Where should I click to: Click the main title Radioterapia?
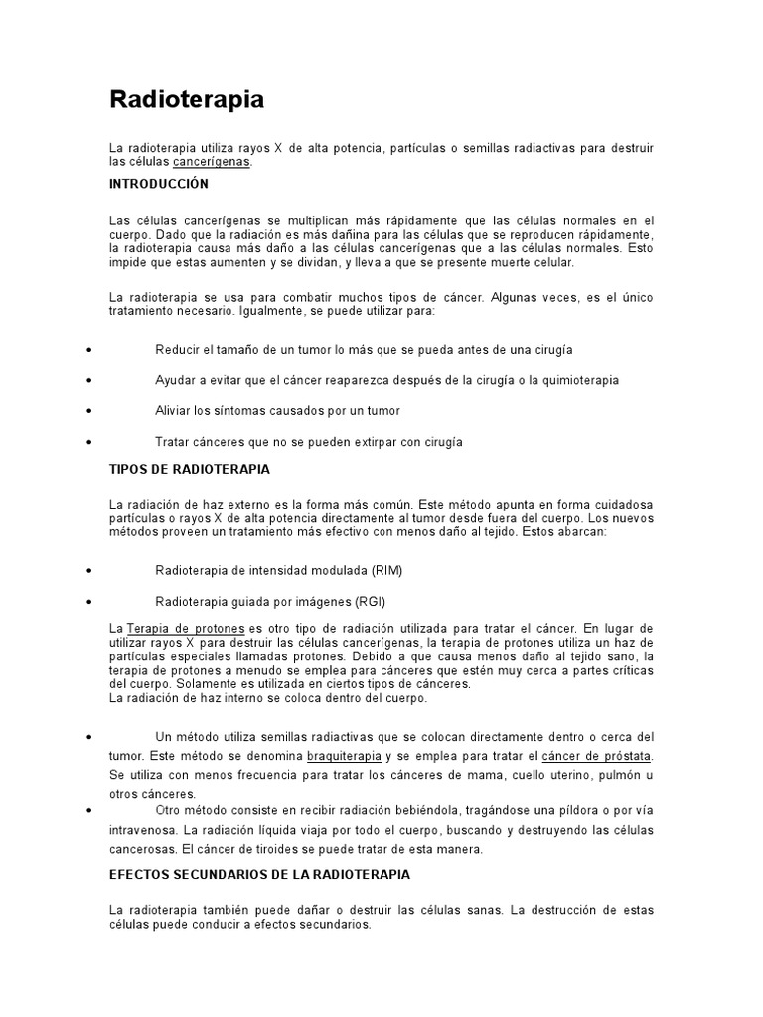click(x=187, y=99)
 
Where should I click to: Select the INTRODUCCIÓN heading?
click(x=159, y=184)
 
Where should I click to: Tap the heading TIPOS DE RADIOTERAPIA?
click(x=189, y=468)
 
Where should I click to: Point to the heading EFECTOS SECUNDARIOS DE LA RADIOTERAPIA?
click(x=259, y=874)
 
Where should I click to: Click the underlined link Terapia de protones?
click(x=186, y=629)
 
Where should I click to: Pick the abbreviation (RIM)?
click(x=387, y=571)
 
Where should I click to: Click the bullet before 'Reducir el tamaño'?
click(x=90, y=351)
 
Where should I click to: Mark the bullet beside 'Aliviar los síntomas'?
click(x=90, y=411)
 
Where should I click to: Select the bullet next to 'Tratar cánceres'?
click(x=90, y=442)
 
